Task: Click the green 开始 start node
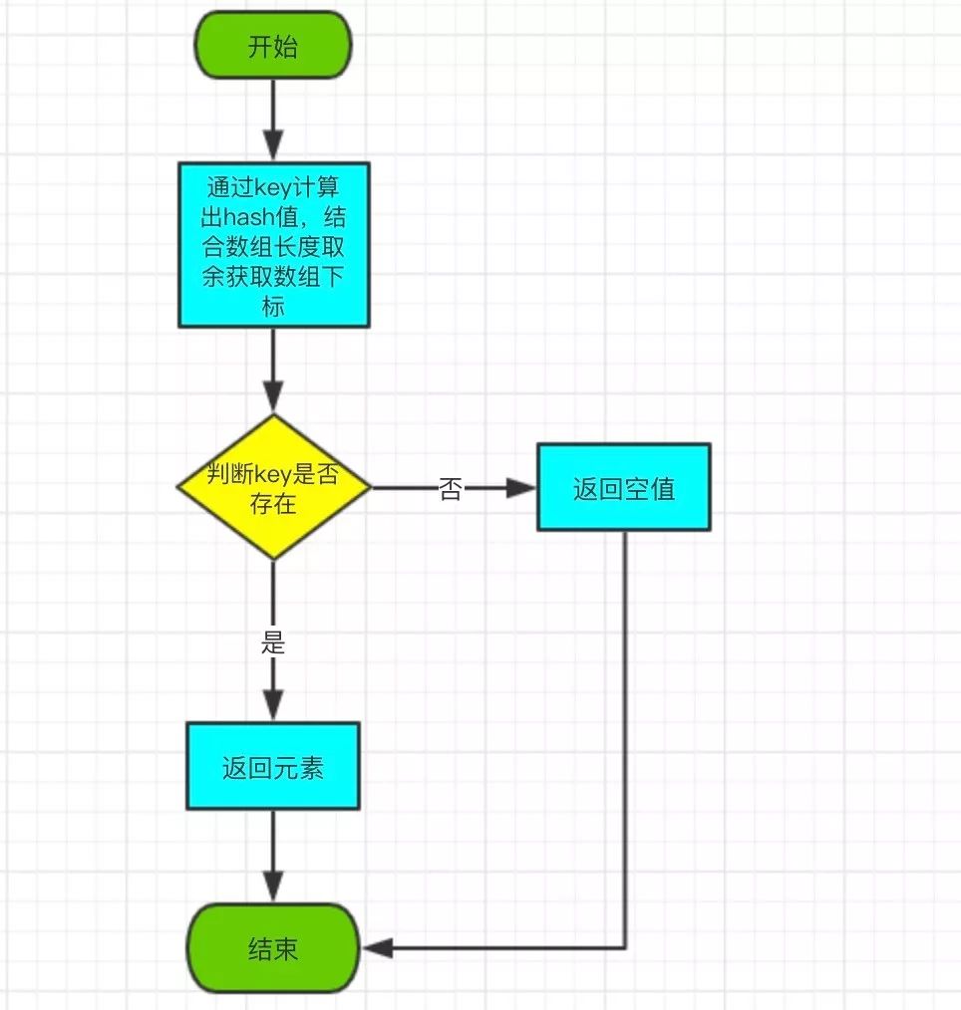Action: [x=273, y=47]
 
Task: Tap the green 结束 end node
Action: [x=273, y=949]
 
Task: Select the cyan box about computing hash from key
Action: [x=274, y=245]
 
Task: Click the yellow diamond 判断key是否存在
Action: [x=273, y=488]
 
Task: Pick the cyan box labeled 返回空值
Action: [x=624, y=487]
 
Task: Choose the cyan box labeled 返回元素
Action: [x=273, y=766]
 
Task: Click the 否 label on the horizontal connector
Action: [x=450, y=488]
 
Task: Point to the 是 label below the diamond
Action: [x=273, y=643]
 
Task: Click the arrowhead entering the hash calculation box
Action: [x=273, y=148]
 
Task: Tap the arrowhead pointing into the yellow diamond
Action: [x=273, y=400]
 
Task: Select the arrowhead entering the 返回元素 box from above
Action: [x=273, y=708]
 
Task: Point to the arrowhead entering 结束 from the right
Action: [x=375, y=949]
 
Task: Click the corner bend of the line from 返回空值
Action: [x=625, y=948]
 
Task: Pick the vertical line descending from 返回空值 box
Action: [x=625, y=737]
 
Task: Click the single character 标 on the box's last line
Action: [x=274, y=306]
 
